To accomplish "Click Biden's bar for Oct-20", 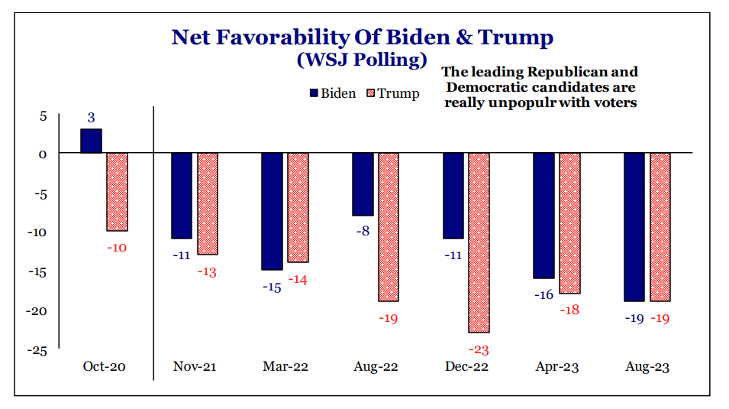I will tap(91, 141).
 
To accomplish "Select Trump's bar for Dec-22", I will tap(479, 242).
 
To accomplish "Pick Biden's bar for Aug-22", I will tap(363, 184).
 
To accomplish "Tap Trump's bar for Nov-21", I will tap(208, 203).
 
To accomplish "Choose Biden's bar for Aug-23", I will tap(634, 227).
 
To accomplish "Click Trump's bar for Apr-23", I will tap(569, 223).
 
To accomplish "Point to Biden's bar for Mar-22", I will tap(272, 211).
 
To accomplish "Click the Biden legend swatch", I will tap(313, 93).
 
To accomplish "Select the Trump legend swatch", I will tap(372, 93).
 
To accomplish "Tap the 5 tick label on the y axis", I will tap(43, 116).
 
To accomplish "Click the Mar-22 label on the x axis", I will tap(285, 367).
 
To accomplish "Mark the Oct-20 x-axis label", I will tap(104, 367).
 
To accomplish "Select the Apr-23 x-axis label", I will tap(556, 367).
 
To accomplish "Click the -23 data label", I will tap(479, 350).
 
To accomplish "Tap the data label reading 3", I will tap(91, 118).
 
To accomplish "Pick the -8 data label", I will tap(363, 230).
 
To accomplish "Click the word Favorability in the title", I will tap(307, 37).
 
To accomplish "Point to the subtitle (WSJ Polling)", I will tap(362, 60).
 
